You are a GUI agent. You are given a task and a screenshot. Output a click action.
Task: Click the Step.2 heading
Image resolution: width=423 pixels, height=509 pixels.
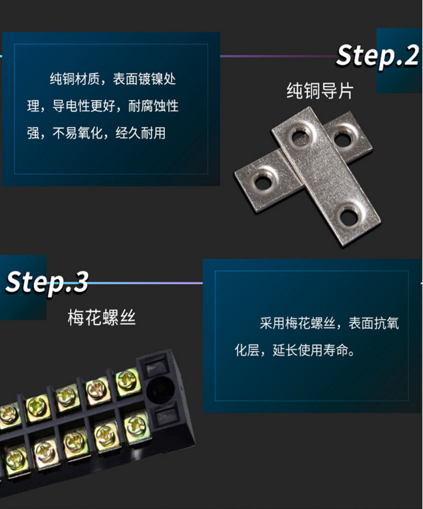(377, 56)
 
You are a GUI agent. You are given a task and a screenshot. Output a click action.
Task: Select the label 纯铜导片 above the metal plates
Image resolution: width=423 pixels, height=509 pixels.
(319, 91)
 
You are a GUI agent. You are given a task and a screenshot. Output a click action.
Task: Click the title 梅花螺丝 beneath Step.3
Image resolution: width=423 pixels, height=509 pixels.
(101, 317)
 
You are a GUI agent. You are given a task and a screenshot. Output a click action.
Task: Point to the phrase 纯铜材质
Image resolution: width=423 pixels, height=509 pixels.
(74, 79)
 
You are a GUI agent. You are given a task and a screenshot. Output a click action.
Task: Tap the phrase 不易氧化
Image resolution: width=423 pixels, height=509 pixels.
(78, 133)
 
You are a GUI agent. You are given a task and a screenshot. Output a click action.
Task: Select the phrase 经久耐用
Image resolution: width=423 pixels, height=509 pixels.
(140, 133)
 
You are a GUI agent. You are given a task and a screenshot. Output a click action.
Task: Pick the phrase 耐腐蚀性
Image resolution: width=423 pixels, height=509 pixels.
(153, 106)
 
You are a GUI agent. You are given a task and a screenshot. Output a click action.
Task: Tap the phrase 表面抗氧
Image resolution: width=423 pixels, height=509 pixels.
(374, 323)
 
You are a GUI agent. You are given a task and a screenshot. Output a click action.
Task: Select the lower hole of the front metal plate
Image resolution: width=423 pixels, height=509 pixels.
(349, 216)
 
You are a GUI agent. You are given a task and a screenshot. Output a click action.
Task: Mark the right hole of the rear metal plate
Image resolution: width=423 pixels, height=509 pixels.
(342, 139)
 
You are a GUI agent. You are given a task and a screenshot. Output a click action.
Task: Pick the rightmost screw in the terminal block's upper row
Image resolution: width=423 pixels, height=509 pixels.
(126, 380)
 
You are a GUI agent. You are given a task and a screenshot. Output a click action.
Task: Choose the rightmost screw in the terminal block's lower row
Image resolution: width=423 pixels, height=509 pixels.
(136, 426)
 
